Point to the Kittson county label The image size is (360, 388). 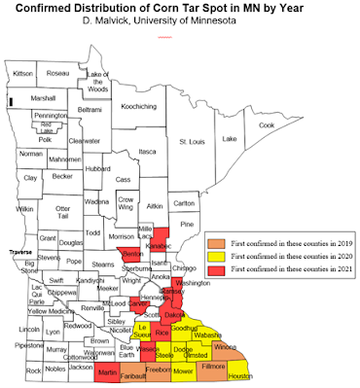tap(21, 72)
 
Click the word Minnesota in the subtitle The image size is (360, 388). tap(199, 28)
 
